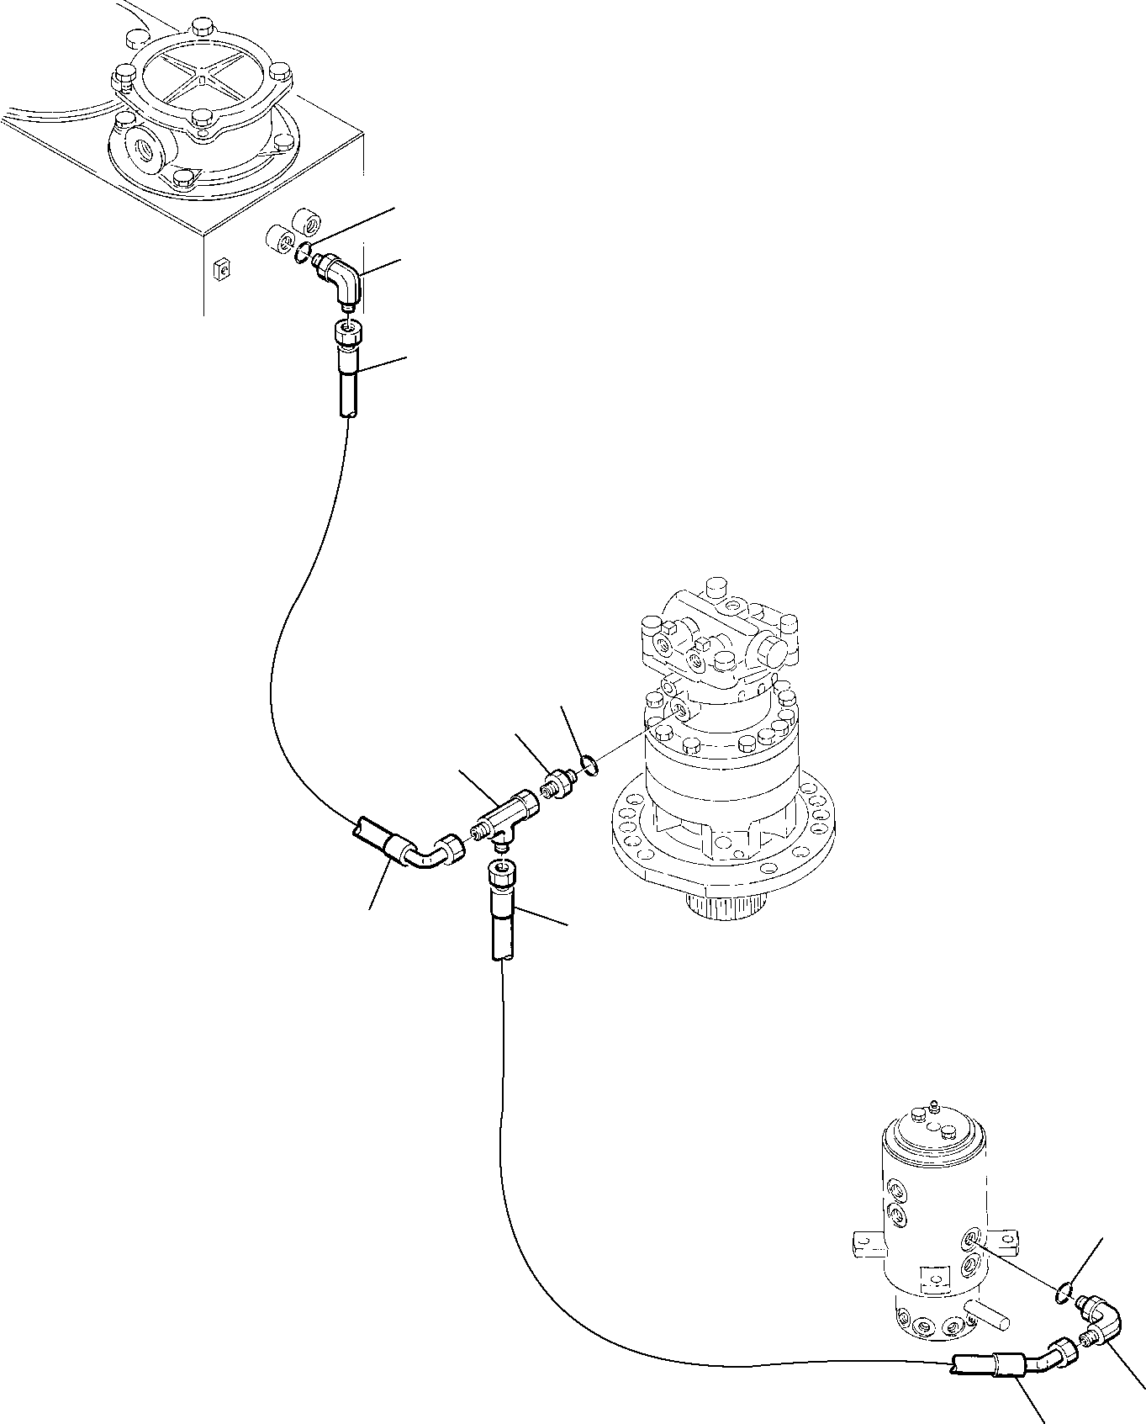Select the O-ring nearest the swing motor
coord(590,765)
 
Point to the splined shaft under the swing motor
coord(727,903)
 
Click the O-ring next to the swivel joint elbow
coord(1063,1290)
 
